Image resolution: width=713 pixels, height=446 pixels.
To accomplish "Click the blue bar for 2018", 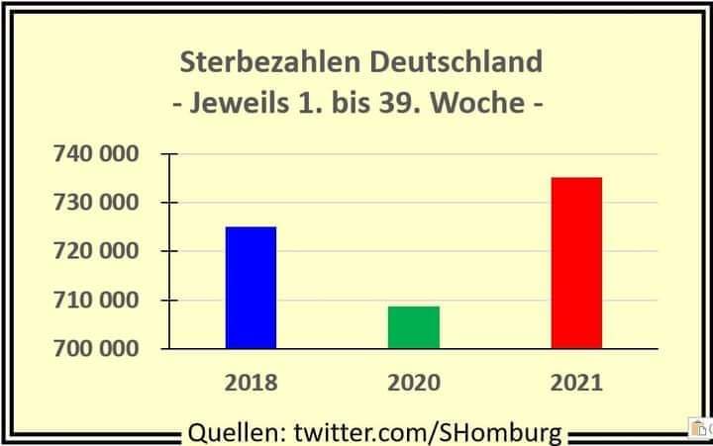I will [x=252, y=288].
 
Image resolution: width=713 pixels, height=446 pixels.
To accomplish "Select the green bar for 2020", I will [x=414, y=327].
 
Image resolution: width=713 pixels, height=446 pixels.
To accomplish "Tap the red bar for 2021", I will [x=576, y=263].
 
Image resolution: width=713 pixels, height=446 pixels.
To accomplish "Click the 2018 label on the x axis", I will [x=252, y=383].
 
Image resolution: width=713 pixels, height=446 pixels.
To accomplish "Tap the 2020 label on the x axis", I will [x=414, y=383].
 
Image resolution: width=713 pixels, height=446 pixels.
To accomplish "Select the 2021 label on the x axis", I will [x=576, y=383].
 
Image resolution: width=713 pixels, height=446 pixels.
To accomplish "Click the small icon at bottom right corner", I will [x=700, y=427].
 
